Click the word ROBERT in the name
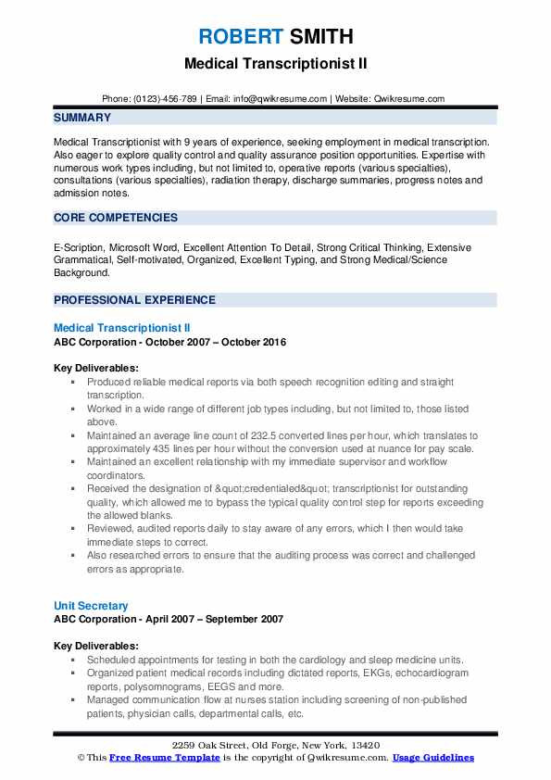pos(237,37)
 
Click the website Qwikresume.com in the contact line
pos(411,98)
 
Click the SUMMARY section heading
pos(82,118)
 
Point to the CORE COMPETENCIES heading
pos(116,218)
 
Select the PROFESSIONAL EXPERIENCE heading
pos(134,300)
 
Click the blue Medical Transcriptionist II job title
pos(122,328)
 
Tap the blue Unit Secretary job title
pos(91,606)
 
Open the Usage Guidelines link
pos(432,758)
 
